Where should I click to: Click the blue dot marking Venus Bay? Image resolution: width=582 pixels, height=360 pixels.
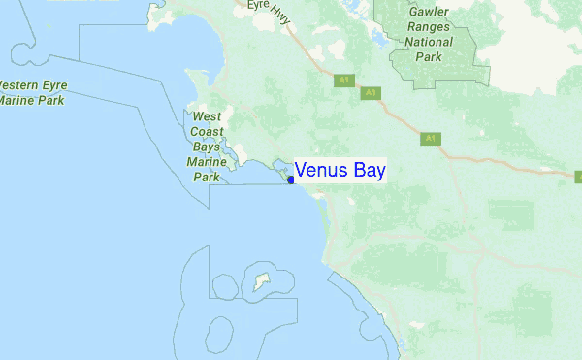coord(291,179)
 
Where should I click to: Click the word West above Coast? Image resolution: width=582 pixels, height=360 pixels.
coord(207,116)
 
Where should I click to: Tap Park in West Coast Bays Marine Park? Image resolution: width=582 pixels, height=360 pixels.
coord(207,177)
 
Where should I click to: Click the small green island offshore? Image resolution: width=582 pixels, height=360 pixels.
coord(259,283)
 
